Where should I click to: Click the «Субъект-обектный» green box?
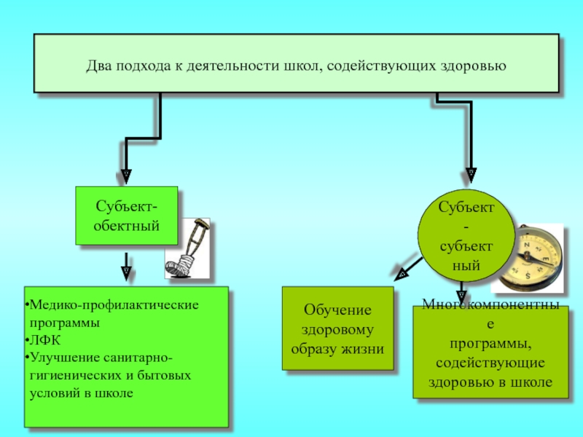tap(126, 215)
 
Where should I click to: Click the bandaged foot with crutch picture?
tap(187, 250)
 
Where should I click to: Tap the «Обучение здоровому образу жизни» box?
tap(337, 329)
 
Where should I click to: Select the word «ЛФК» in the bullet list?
tap(42, 339)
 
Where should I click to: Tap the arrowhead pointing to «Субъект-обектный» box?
tap(126, 175)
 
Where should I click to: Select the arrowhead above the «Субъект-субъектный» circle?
tap(472, 175)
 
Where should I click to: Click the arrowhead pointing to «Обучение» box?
tap(401, 275)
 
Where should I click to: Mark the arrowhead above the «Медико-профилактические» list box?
tap(126, 272)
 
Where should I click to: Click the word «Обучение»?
tap(337, 310)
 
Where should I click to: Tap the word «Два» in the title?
tap(98, 66)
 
